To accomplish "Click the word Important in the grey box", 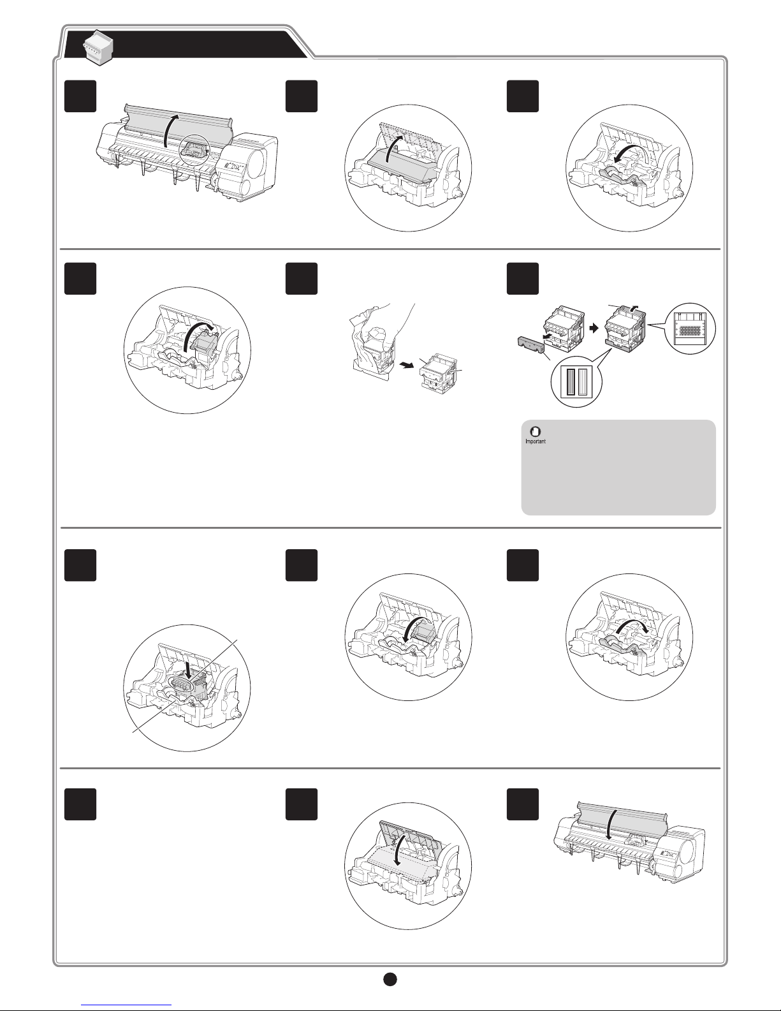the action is [536, 441].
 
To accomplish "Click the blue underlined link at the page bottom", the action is [126, 1005].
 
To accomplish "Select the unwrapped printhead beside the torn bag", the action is [439, 374].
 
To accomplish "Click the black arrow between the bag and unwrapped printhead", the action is [407, 365].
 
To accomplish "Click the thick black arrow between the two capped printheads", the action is [594, 328].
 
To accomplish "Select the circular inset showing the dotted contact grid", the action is [690, 329].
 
